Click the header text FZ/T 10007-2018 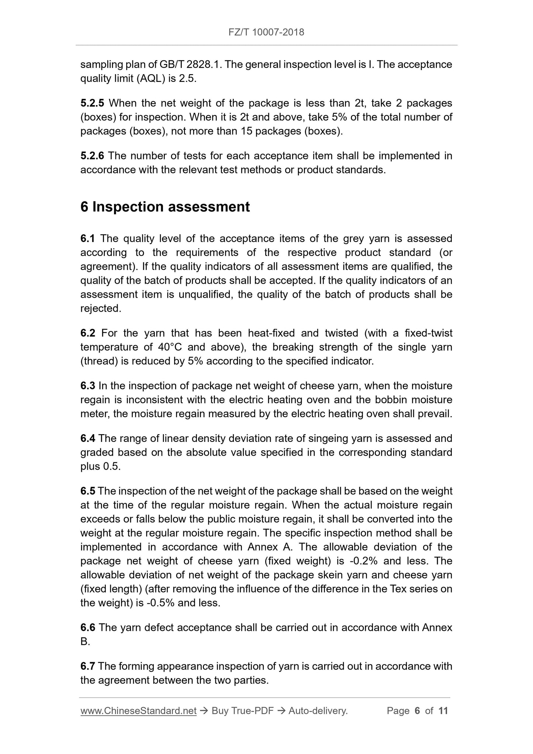pyautogui.click(x=266, y=32)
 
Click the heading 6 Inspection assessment pyautogui.click(x=165, y=207)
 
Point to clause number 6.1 pyautogui.click(x=87, y=239)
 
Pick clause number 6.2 pyautogui.click(x=88, y=333)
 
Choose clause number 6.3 pyautogui.click(x=88, y=386)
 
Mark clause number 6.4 pyautogui.click(x=88, y=439)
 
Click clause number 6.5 pyautogui.click(x=88, y=491)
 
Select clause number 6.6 pyautogui.click(x=88, y=628)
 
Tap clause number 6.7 pyautogui.click(x=88, y=667)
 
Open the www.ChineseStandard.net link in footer pyautogui.click(x=138, y=711)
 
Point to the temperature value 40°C pyautogui.click(x=170, y=347)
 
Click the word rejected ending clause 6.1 pyautogui.click(x=100, y=309)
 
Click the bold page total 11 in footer pyautogui.click(x=443, y=711)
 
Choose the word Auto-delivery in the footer pyautogui.click(x=318, y=711)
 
